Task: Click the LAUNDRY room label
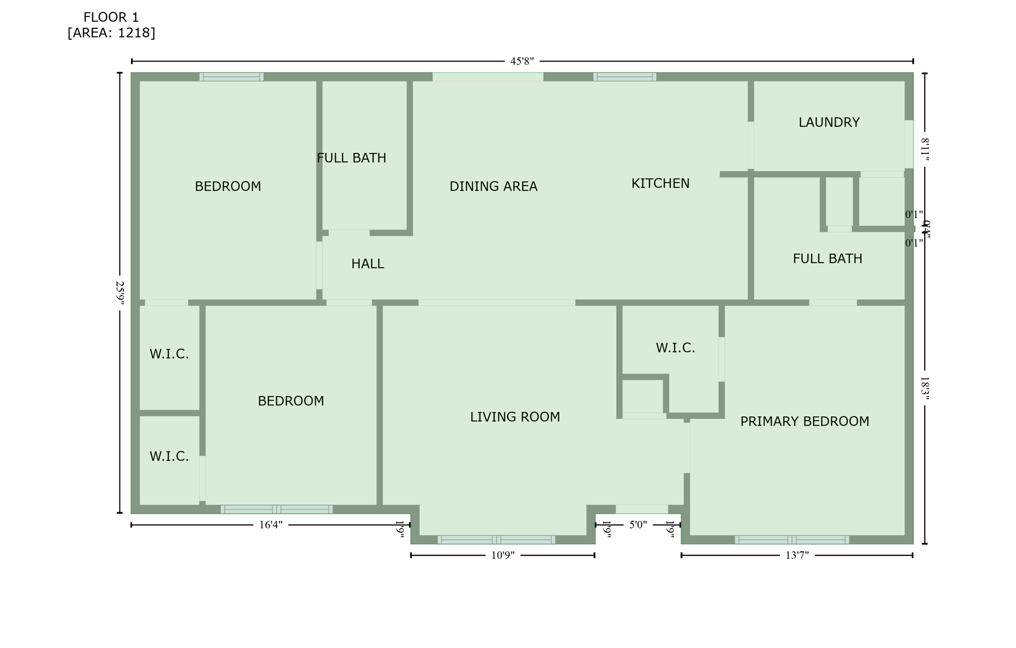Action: click(828, 123)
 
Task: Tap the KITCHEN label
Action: click(660, 184)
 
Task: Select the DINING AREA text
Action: click(493, 187)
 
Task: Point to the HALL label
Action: click(368, 264)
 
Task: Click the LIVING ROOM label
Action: click(515, 417)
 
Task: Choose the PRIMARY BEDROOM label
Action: click(804, 422)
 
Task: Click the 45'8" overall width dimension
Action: click(522, 62)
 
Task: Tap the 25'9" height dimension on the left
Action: click(120, 292)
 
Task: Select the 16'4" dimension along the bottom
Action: click(271, 525)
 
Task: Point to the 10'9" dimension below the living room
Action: click(503, 555)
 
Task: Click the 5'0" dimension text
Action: click(638, 525)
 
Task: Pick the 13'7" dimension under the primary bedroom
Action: click(797, 555)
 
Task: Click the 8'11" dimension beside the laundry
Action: click(925, 149)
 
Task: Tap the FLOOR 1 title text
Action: click(111, 17)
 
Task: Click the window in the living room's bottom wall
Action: click(496, 540)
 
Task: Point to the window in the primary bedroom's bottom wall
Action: click(792, 540)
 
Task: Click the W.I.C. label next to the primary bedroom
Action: click(675, 348)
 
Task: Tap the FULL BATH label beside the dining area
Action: click(351, 158)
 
